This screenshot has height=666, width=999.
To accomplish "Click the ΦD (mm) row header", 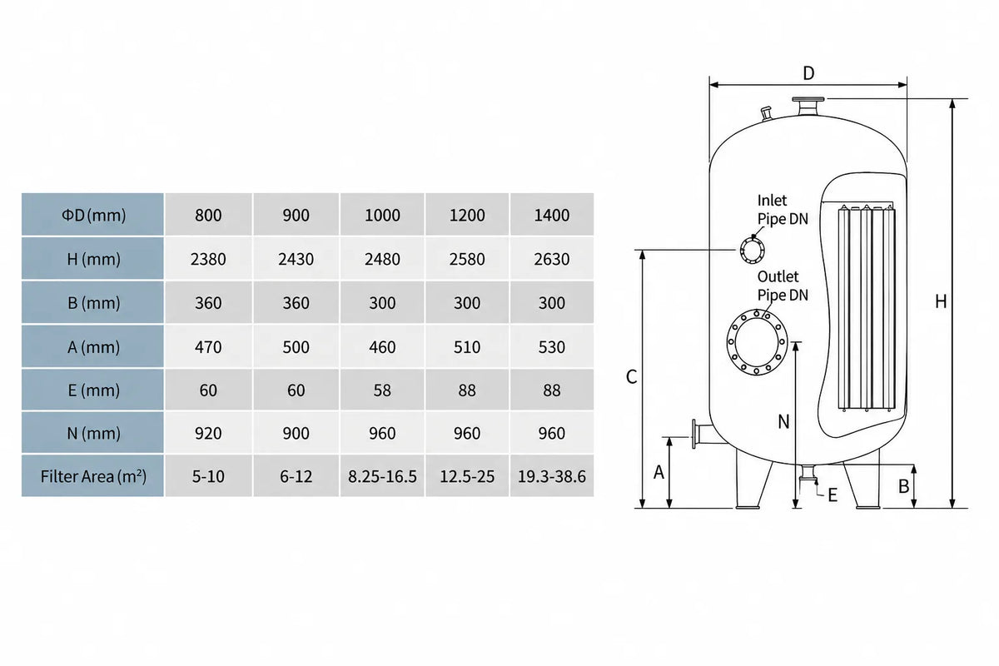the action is point(93,215).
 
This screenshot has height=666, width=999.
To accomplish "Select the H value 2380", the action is point(208,259).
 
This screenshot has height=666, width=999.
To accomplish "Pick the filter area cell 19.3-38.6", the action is point(552,476).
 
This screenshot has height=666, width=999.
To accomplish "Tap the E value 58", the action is point(382,390).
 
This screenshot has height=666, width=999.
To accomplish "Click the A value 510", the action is point(467,346).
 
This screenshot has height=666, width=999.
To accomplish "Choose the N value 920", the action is point(208,433).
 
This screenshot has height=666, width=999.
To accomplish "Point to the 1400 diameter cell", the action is point(552,215).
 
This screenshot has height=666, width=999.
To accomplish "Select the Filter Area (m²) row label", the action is point(93,476).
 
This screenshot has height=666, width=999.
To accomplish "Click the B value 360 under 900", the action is point(296,303).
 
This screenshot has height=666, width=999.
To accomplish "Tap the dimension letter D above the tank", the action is point(808,73).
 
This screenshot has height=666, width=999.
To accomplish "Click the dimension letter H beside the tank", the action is point(941,302).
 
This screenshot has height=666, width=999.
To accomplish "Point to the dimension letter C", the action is point(632,377).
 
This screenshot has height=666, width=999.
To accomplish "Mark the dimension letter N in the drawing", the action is point(783,422).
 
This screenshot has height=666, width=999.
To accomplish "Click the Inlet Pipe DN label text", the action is point(783,210).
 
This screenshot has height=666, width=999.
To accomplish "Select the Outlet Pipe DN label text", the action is point(783,286).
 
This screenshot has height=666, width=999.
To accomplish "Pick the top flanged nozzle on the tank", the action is point(808,107).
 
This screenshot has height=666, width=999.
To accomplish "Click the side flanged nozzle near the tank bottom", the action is point(701,434).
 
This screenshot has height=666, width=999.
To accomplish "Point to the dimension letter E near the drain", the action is point(832,495).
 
